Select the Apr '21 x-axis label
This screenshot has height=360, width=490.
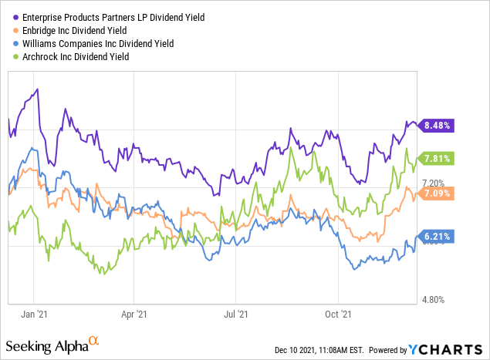[135, 315]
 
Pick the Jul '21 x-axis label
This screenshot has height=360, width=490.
[235, 315]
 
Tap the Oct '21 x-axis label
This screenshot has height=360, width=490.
[338, 315]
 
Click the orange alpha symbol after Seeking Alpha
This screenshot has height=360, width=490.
[94, 340]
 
